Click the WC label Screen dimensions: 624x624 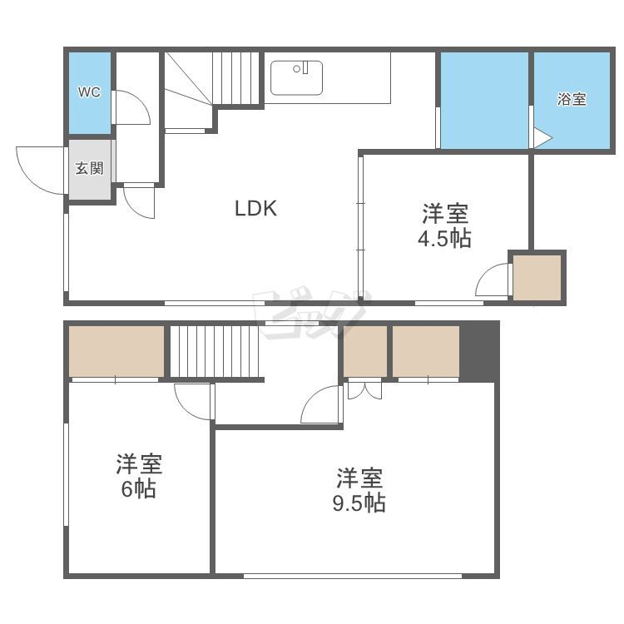click(x=89, y=92)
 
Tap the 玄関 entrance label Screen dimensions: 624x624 click(x=90, y=168)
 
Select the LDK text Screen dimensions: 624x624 click(x=255, y=208)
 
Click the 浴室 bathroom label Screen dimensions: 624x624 click(x=572, y=99)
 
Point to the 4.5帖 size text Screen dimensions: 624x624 click(x=444, y=239)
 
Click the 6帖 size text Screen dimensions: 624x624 click(x=138, y=489)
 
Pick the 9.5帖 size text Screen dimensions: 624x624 click(x=359, y=503)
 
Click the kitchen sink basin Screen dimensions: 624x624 click(x=296, y=78)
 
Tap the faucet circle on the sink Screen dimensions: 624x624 click(x=296, y=69)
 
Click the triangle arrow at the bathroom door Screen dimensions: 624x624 click(x=542, y=138)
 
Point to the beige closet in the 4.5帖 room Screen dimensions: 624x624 click(x=537, y=278)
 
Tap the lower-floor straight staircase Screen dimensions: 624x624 click(x=215, y=351)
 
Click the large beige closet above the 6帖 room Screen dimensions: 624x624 click(x=116, y=351)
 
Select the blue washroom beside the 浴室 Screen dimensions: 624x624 click(x=484, y=100)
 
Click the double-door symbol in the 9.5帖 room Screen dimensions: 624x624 click(x=365, y=390)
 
